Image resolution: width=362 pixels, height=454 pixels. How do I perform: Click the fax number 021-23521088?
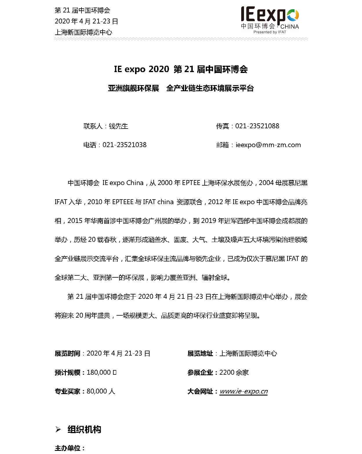point(257,126)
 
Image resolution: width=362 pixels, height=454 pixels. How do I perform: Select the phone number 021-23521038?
point(124,145)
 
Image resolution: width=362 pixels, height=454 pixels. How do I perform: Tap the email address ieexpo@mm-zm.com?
point(268,145)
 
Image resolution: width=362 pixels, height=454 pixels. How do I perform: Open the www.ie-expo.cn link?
point(243,391)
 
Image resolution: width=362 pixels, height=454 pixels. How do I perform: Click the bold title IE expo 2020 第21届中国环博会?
point(181,69)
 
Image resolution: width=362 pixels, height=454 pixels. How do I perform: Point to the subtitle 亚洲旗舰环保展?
point(133,88)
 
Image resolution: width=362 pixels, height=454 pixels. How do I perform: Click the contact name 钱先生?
point(118,126)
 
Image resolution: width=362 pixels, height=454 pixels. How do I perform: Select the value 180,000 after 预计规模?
point(99,373)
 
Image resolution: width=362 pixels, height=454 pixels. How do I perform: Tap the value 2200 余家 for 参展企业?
point(234,373)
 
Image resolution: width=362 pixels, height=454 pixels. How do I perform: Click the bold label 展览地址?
point(200,354)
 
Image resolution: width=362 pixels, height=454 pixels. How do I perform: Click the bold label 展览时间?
point(67,354)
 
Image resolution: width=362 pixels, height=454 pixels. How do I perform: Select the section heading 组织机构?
point(84,429)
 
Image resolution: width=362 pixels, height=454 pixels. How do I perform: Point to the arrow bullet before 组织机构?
point(58,429)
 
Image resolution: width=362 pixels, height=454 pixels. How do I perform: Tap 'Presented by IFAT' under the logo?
point(270,32)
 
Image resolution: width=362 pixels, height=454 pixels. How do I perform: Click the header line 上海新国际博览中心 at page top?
point(83,32)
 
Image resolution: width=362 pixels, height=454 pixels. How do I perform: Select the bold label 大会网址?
point(200,391)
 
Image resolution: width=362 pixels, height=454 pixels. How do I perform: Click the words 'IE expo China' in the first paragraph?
point(123,183)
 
